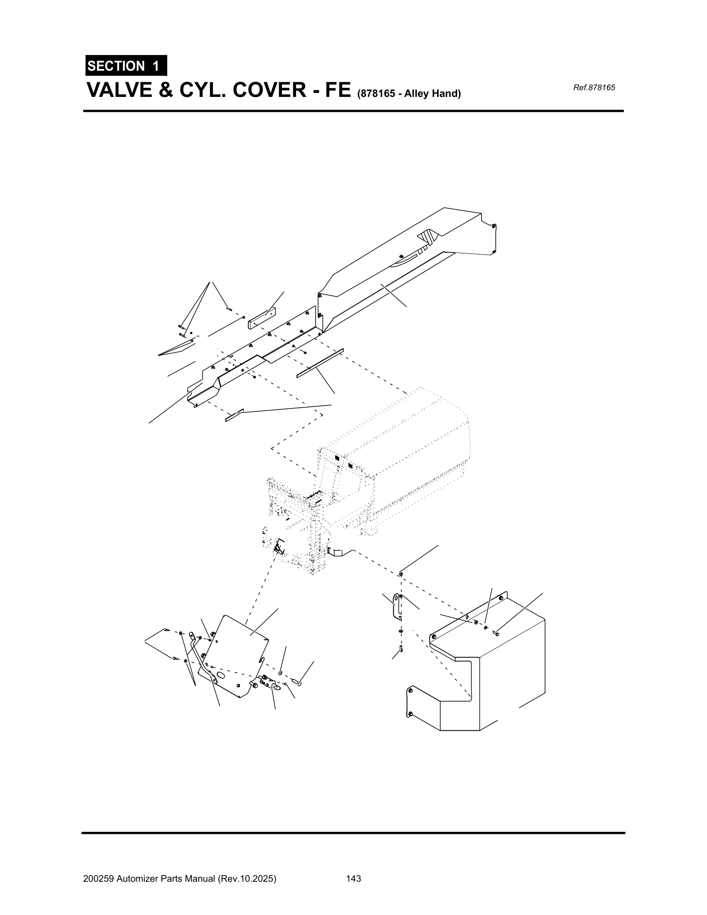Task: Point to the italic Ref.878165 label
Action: coord(593,88)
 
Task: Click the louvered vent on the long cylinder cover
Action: coord(429,238)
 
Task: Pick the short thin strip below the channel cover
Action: coord(234,415)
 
